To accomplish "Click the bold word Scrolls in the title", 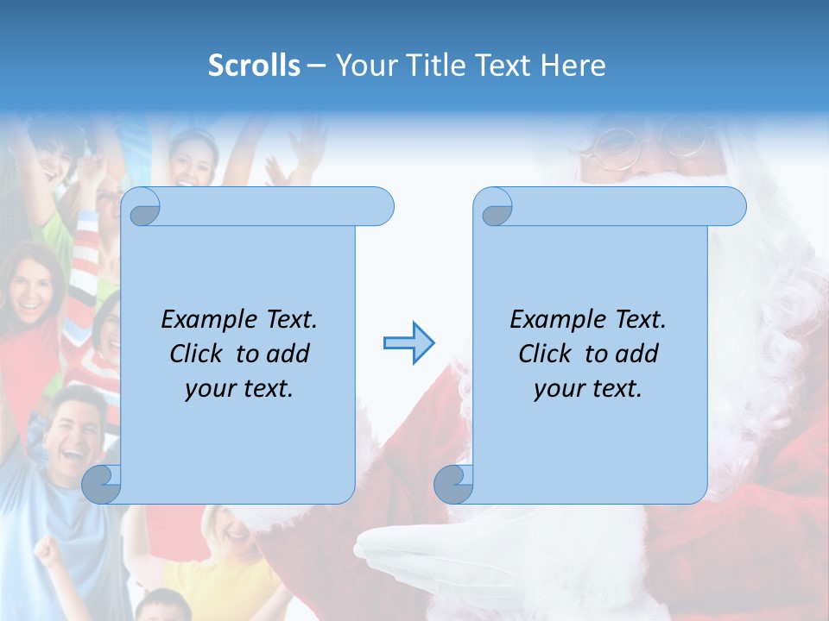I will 254,65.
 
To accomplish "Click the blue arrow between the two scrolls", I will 408,343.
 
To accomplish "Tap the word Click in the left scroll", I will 199,354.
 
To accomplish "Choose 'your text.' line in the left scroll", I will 238,388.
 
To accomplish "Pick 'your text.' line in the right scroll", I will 587,388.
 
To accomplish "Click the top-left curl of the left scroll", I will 141,207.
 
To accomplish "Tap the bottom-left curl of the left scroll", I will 101,485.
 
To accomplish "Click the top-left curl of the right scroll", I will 493,207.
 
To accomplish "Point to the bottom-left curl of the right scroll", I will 453,485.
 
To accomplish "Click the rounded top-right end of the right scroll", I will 731,207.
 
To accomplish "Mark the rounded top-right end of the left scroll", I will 378,207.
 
